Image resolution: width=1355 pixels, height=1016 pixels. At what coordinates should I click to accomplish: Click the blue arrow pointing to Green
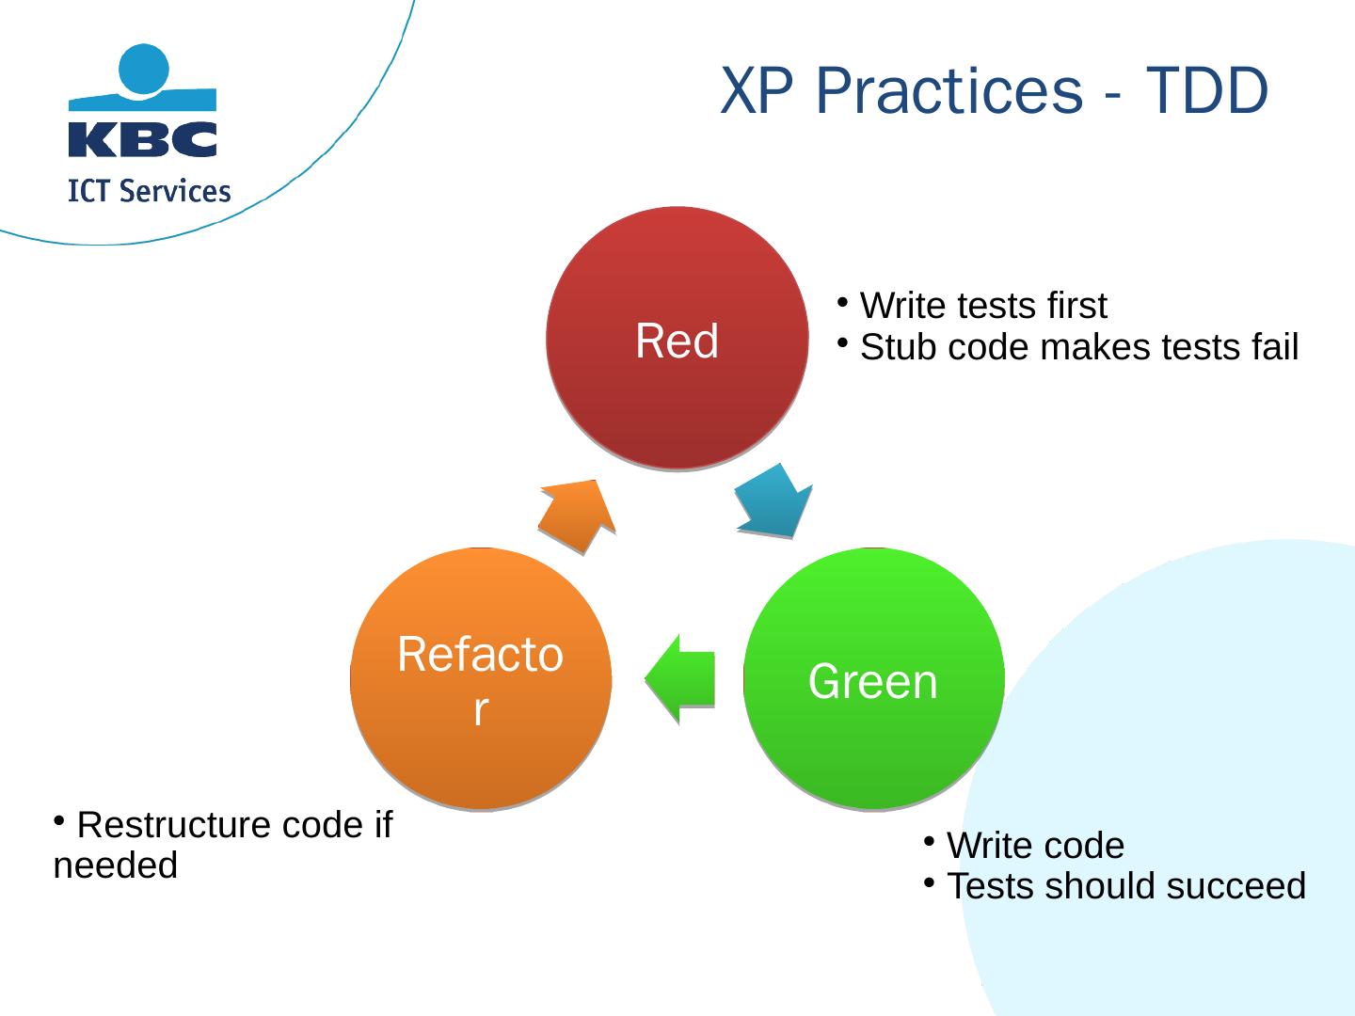tap(774, 500)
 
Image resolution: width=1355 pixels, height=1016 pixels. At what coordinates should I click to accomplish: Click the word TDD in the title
tap(1206, 92)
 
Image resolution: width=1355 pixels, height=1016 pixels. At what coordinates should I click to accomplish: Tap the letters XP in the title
tap(759, 92)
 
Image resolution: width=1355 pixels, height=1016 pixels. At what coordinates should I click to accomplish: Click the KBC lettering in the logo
tap(143, 139)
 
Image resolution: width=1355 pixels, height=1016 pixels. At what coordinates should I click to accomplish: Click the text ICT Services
tap(150, 192)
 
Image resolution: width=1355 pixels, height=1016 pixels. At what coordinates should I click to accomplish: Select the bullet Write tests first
tap(982, 306)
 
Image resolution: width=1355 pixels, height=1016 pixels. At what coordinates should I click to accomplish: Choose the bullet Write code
tap(1034, 846)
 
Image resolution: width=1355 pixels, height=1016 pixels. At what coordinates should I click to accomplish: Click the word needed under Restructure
tap(116, 865)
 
